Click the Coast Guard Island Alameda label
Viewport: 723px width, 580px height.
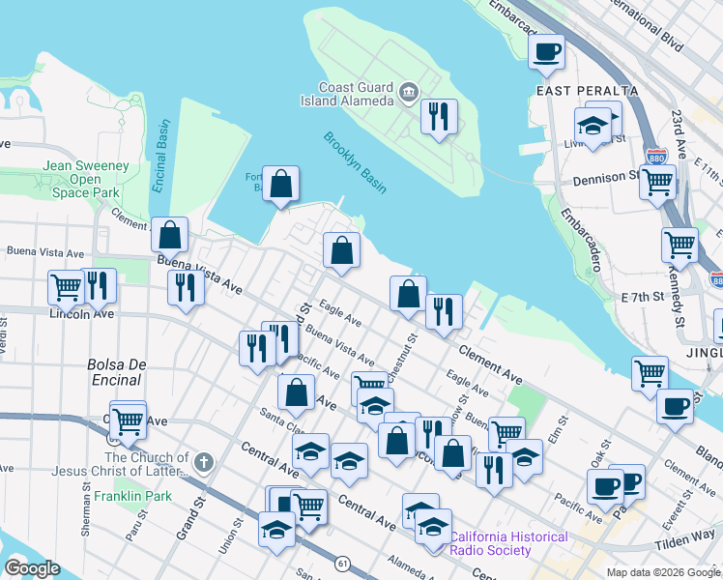click(x=356, y=94)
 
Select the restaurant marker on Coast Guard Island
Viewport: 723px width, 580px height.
click(x=439, y=116)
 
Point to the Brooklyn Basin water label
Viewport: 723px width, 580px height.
click(x=355, y=162)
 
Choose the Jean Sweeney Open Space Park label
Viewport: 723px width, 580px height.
click(x=86, y=179)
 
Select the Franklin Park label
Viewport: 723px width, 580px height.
click(x=132, y=496)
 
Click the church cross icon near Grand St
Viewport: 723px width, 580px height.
click(x=202, y=462)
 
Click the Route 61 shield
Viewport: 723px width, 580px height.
click(x=342, y=563)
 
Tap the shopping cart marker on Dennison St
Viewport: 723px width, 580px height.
click(x=657, y=179)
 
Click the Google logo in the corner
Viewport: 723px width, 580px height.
click(x=33, y=567)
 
